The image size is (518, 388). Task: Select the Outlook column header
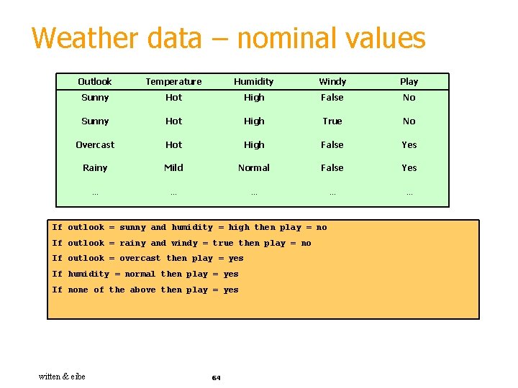coord(95,82)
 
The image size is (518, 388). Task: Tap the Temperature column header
coord(173,82)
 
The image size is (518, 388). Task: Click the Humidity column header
coord(254,82)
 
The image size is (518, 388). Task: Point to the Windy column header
coord(332,82)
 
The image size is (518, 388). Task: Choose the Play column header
coord(409,82)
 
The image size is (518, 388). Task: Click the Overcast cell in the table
coord(95,144)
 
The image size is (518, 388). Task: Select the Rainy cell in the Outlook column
coord(95,168)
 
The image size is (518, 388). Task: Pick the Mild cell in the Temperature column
coord(173,167)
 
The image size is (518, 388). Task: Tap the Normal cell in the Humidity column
coord(254,167)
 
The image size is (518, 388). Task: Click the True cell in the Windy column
coord(332,121)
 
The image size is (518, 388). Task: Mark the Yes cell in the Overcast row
coord(409,144)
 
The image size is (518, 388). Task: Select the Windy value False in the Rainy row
coord(332,167)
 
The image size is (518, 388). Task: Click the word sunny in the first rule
coord(132,228)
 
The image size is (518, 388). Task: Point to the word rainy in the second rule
coord(132,244)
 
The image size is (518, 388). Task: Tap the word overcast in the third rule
coord(140,259)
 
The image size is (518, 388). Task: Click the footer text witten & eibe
coord(62,377)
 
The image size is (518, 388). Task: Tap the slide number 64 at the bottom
coord(216,377)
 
